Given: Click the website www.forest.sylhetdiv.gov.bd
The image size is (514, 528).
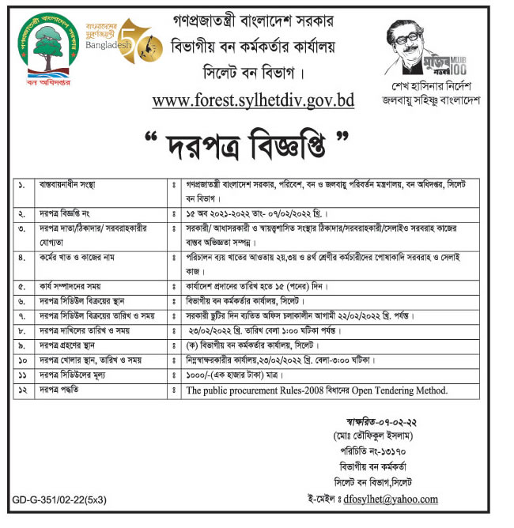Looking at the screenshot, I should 253,101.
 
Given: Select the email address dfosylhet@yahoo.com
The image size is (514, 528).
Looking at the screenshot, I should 393,500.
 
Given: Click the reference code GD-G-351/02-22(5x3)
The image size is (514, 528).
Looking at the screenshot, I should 59,500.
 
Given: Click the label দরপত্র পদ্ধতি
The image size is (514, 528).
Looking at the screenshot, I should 64,390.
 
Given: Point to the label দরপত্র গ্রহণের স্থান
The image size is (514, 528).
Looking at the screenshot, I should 74,345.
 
